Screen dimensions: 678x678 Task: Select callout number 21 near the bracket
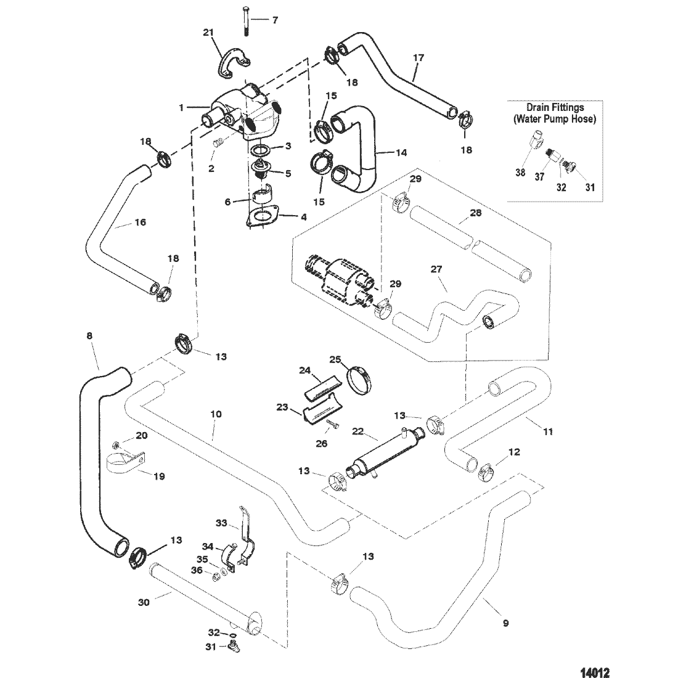[209, 32]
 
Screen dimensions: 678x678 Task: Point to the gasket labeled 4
[262, 218]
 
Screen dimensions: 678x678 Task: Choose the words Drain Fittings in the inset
[555, 107]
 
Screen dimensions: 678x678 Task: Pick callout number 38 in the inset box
[521, 173]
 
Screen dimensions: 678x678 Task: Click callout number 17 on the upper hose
[419, 58]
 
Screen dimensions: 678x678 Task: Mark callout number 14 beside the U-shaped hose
[402, 152]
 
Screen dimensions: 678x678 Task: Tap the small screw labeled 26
[330, 423]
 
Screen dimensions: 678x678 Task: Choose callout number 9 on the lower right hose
[505, 623]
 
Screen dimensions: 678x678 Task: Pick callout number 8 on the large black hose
[90, 336]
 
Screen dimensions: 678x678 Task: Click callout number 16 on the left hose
[141, 222]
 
